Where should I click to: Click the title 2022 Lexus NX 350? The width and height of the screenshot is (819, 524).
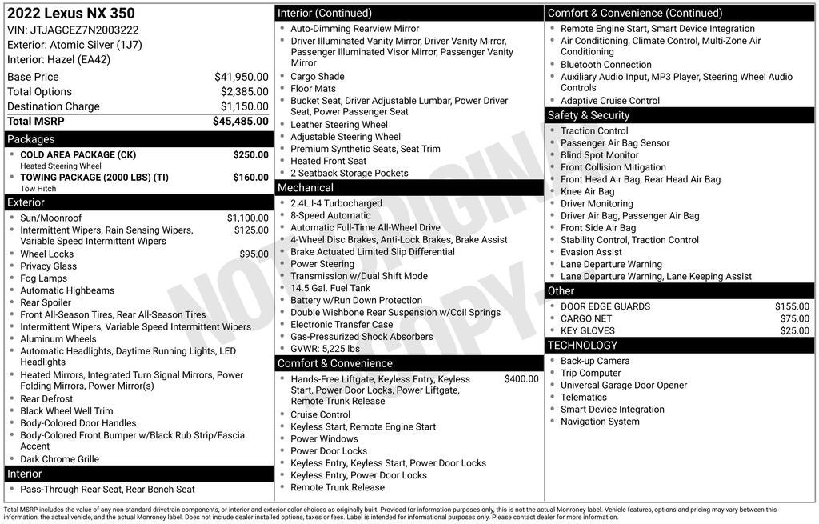(x=71, y=14)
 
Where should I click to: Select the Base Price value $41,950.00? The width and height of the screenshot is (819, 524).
(x=241, y=77)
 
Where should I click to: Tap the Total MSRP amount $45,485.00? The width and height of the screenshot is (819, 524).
(x=240, y=122)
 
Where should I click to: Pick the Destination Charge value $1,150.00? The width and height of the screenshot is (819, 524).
(x=244, y=106)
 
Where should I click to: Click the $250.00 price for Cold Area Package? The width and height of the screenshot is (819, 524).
(x=250, y=154)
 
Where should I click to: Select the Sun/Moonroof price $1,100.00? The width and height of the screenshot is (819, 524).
(x=247, y=218)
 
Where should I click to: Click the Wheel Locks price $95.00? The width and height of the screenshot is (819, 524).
(x=254, y=254)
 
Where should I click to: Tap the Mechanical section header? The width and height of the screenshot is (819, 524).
(x=306, y=188)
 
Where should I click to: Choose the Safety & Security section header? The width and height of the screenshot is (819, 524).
(x=589, y=115)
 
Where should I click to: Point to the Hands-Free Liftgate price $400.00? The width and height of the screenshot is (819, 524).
(x=521, y=379)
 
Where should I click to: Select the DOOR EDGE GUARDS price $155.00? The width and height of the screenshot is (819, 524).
(x=792, y=306)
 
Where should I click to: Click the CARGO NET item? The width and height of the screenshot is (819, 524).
(x=586, y=318)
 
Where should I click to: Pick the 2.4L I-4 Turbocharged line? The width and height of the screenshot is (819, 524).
(x=336, y=203)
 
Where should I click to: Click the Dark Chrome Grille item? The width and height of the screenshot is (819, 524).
(x=60, y=459)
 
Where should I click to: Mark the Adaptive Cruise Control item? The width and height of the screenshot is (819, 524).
(x=610, y=101)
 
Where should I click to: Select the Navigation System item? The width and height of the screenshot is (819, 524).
(x=600, y=422)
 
